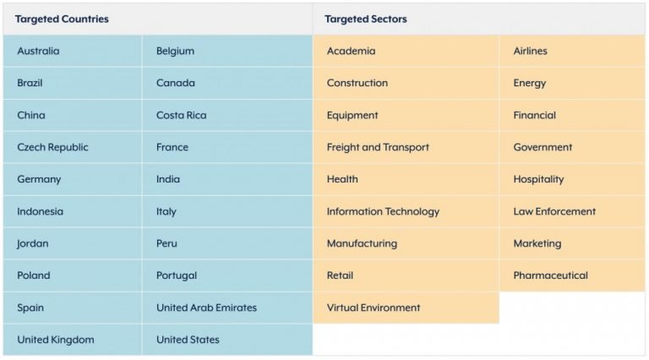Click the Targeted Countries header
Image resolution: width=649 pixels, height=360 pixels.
(62, 19)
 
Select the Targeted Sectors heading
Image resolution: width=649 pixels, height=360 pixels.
(365, 19)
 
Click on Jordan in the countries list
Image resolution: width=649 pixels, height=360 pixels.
(33, 243)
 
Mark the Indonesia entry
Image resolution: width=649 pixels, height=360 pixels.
(41, 211)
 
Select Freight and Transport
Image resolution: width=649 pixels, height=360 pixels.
(378, 147)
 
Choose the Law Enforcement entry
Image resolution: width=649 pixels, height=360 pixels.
(554, 211)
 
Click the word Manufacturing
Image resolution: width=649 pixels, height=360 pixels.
(362, 243)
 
